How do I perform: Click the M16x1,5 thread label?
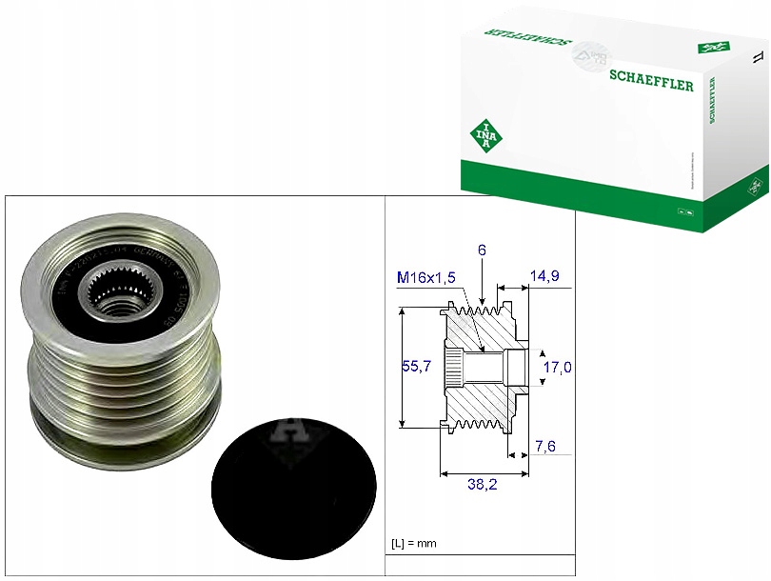427,276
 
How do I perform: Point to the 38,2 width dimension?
484,485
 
